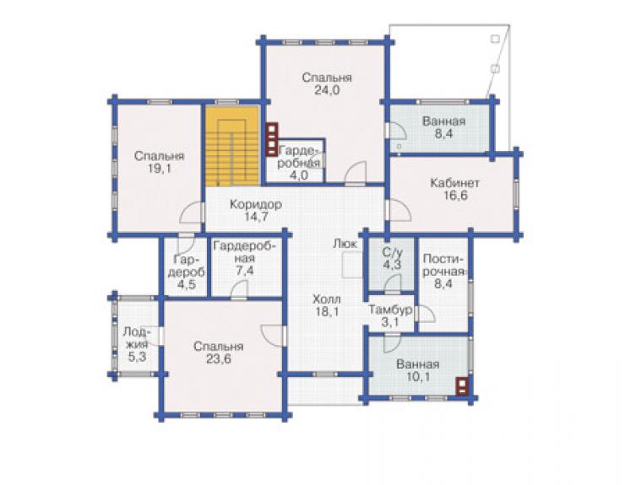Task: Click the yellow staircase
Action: point(232,146)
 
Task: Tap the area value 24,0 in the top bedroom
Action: point(327,90)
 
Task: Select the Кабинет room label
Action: point(454,183)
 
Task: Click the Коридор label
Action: point(256,204)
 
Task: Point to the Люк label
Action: point(345,244)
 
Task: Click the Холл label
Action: point(327,299)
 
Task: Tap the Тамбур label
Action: point(390,310)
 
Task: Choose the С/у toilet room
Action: point(392,265)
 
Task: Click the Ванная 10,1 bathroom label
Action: point(418,370)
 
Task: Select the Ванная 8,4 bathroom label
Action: point(444,127)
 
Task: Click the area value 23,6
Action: point(219,359)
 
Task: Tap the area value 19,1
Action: point(160,169)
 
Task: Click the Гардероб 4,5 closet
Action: point(186,266)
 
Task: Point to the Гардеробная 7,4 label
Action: point(244,258)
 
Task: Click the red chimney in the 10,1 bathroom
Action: point(462,385)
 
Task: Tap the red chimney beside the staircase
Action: point(272,139)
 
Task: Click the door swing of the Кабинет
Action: point(400,210)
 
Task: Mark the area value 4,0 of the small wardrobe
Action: point(299,175)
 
